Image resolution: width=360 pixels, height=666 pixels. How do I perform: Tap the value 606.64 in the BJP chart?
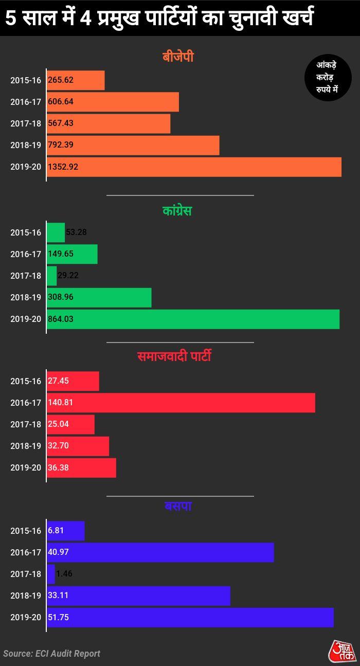coord(61,102)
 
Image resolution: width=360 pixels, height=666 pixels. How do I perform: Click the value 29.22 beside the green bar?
coord(68,276)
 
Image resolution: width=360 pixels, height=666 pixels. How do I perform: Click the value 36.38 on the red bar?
coord(58,468)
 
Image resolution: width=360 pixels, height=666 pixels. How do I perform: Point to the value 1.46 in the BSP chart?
coord(64,574)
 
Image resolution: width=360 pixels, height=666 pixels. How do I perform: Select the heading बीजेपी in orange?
coord(178,57)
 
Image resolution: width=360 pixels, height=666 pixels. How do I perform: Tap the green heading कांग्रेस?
coord(177,211)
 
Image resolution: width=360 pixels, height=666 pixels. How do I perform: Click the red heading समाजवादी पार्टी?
coord(175,356)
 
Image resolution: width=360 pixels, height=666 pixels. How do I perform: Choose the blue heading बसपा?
coord(178,506)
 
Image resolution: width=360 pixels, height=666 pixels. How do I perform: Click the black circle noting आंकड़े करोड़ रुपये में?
coord(328,78)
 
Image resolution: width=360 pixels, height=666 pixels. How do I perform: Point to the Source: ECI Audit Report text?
coord(51,654)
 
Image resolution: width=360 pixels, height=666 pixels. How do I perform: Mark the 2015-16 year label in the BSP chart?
coord(26,531)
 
